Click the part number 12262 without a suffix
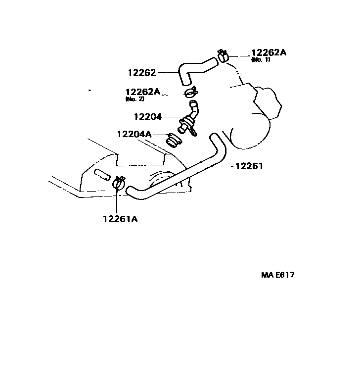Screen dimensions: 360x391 (141, 73)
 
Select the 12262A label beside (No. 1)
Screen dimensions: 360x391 (269, 53)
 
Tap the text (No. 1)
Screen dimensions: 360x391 (261, 60)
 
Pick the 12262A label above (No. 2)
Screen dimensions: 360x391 (142, 92)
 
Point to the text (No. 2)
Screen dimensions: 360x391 (135, 99)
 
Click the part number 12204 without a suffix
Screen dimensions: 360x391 (147, 117)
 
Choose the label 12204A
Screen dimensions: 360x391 (134, 134)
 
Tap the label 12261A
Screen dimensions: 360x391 (120, 218)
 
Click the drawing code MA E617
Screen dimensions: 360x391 (277, 275)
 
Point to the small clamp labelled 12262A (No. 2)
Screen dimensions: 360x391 (190, 93)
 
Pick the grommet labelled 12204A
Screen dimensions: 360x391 (173, 141)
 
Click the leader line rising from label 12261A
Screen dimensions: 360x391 (117, 200)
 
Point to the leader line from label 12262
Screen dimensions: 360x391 (168, 73)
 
